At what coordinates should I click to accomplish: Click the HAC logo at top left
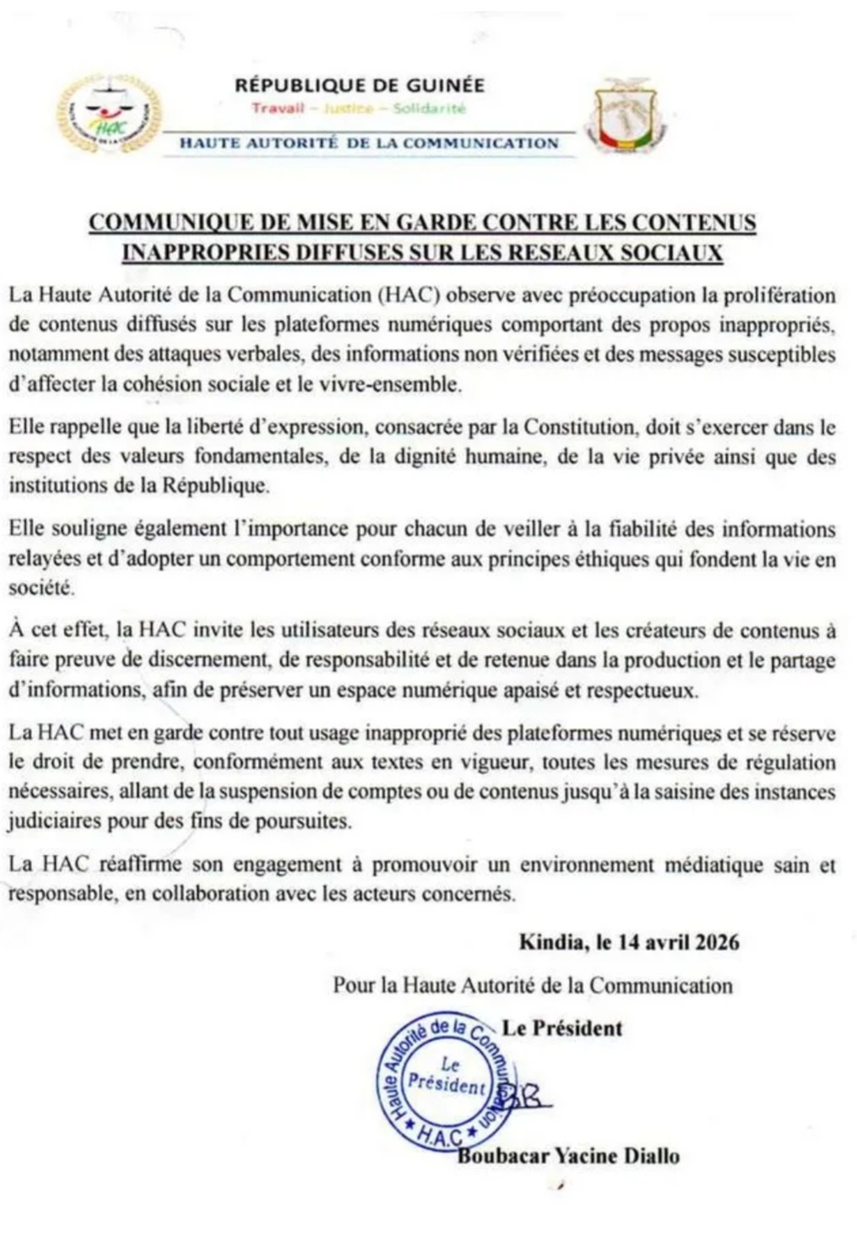click(108, 114)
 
